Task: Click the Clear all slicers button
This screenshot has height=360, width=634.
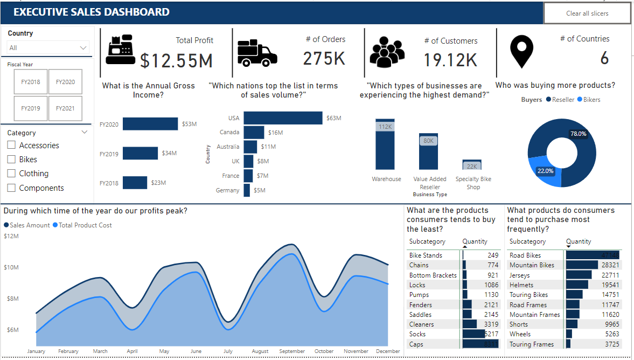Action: click(587, 13)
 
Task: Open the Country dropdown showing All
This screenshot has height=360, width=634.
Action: click(47, 48)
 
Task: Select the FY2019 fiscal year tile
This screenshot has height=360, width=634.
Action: click(31, 108)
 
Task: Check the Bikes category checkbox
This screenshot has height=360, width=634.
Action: click(11, 160)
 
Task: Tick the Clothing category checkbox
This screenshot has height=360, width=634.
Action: click(11, 174)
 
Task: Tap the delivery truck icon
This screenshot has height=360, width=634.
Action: click(257, 52)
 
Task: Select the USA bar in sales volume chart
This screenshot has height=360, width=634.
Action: click(283, 118)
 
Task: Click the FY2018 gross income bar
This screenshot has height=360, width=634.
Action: click(135, 183)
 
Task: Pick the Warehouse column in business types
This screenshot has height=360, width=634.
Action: click(385, 144)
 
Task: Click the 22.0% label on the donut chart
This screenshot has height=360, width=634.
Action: click(545, 171)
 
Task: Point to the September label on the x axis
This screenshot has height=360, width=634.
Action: click(292, 351)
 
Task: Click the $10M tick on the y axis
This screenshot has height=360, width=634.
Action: click(11, 267)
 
